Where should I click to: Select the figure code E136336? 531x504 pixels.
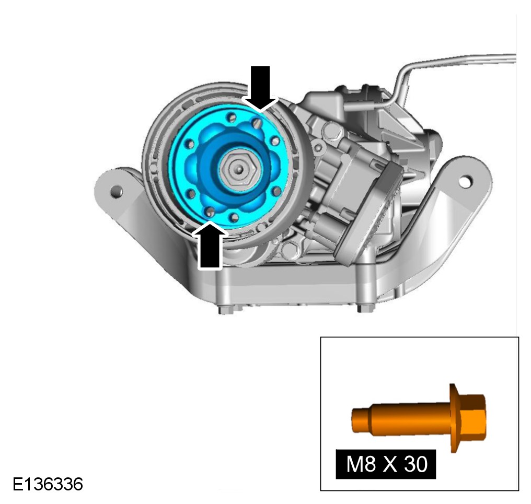coord(48,484)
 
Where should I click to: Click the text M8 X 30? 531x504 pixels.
coord(386,464)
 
